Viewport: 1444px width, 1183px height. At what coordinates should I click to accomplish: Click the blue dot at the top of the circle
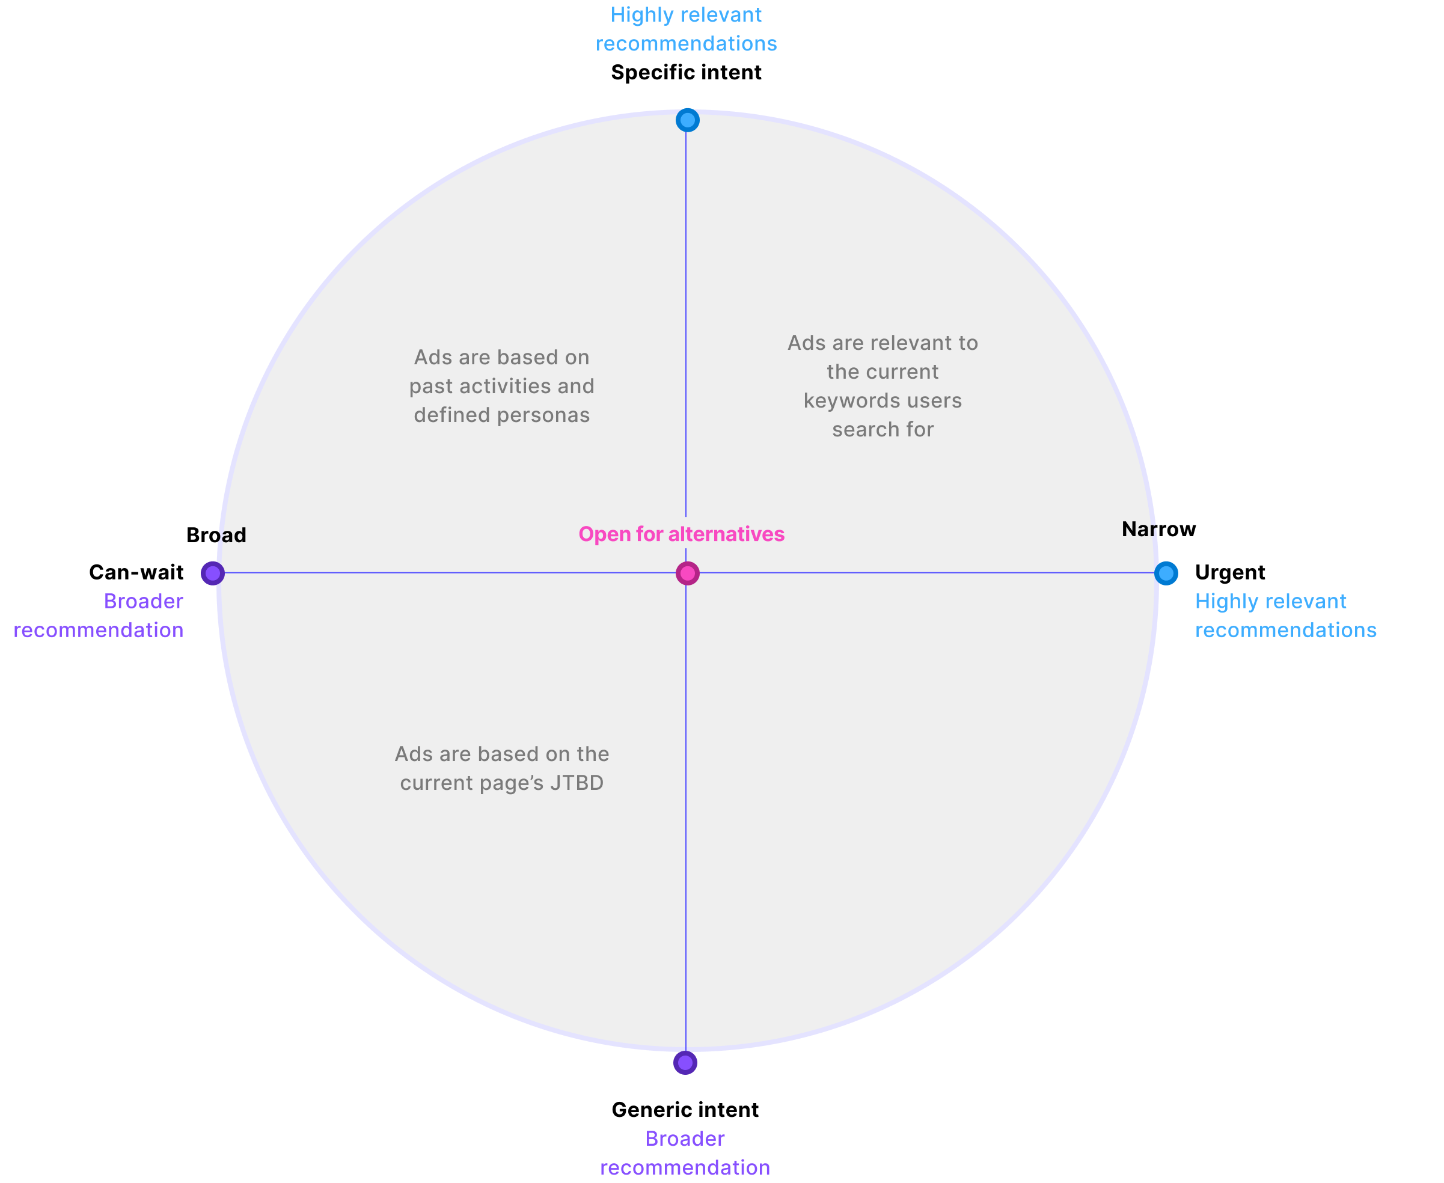(688, 120)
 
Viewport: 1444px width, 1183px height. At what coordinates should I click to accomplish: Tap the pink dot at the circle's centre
(688, 573)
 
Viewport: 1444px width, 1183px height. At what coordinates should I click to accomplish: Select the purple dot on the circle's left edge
(213, 573)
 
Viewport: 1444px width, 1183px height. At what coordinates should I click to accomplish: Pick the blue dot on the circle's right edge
(1166, 573)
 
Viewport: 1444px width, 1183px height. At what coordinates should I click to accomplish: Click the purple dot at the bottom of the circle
(685, 1062)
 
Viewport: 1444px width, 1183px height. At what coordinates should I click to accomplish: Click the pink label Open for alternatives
(682, 534)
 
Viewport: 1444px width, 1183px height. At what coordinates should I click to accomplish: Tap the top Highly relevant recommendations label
(686, 29)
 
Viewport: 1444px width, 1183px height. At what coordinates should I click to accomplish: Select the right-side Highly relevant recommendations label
(1285, 616)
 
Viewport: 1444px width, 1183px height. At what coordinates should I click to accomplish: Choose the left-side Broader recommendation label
(99, 616)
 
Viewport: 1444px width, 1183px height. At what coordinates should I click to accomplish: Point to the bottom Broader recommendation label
(685, 1153)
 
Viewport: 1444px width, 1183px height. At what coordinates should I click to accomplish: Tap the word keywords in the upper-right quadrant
(843, 401)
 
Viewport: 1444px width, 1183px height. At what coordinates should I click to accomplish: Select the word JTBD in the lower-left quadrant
(577, 783)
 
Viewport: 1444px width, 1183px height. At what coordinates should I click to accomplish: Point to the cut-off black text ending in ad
(230, 536)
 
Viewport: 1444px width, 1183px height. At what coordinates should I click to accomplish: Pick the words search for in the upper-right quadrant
(883, 430)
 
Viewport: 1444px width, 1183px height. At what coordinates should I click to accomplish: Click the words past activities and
(501, 387)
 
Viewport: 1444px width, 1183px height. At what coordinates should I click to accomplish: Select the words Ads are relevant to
(883, 343)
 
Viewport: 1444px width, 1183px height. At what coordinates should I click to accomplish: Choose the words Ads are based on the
(501, 754)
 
